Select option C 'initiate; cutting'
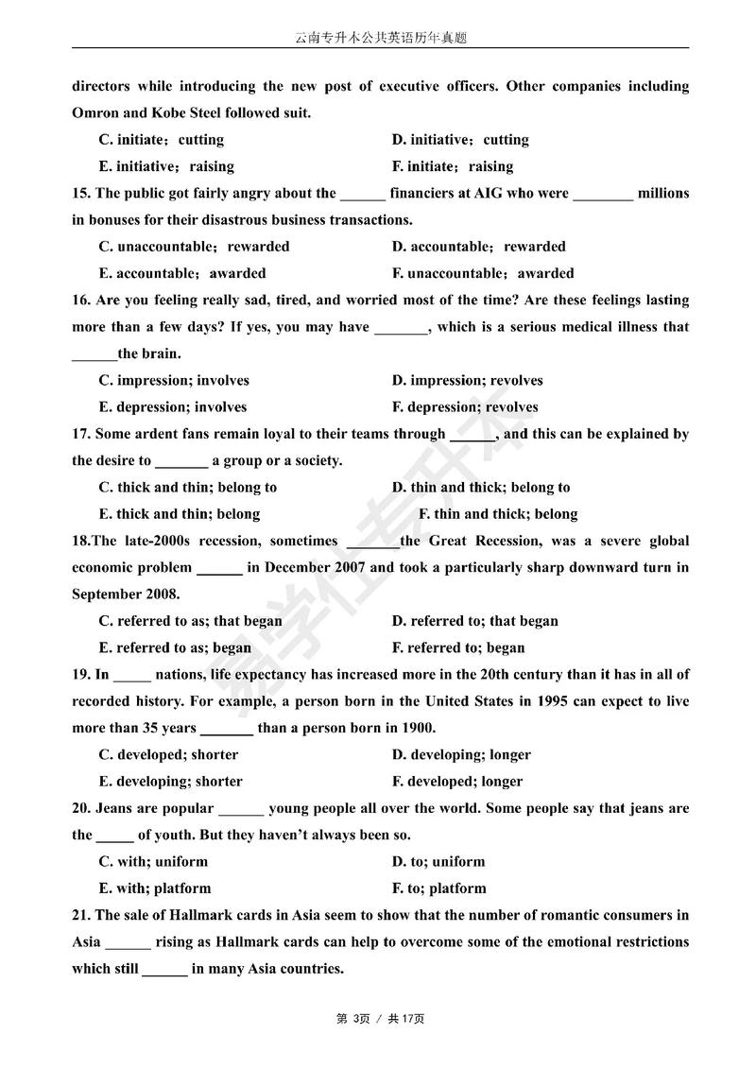[162, 140]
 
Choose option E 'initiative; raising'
[166, 166]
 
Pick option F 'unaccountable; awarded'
[483, 273]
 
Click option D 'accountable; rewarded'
[479, 247]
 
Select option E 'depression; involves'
[173, 407]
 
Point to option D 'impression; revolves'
[468, 381]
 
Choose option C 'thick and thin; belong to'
[188, 488]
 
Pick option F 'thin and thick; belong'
[498, 514]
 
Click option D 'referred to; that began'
[475, 621]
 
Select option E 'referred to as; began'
[176, 648]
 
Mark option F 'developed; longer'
[457, 782]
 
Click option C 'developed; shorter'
[169, 755]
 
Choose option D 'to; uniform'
[438, 862]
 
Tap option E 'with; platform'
[155, 888]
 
